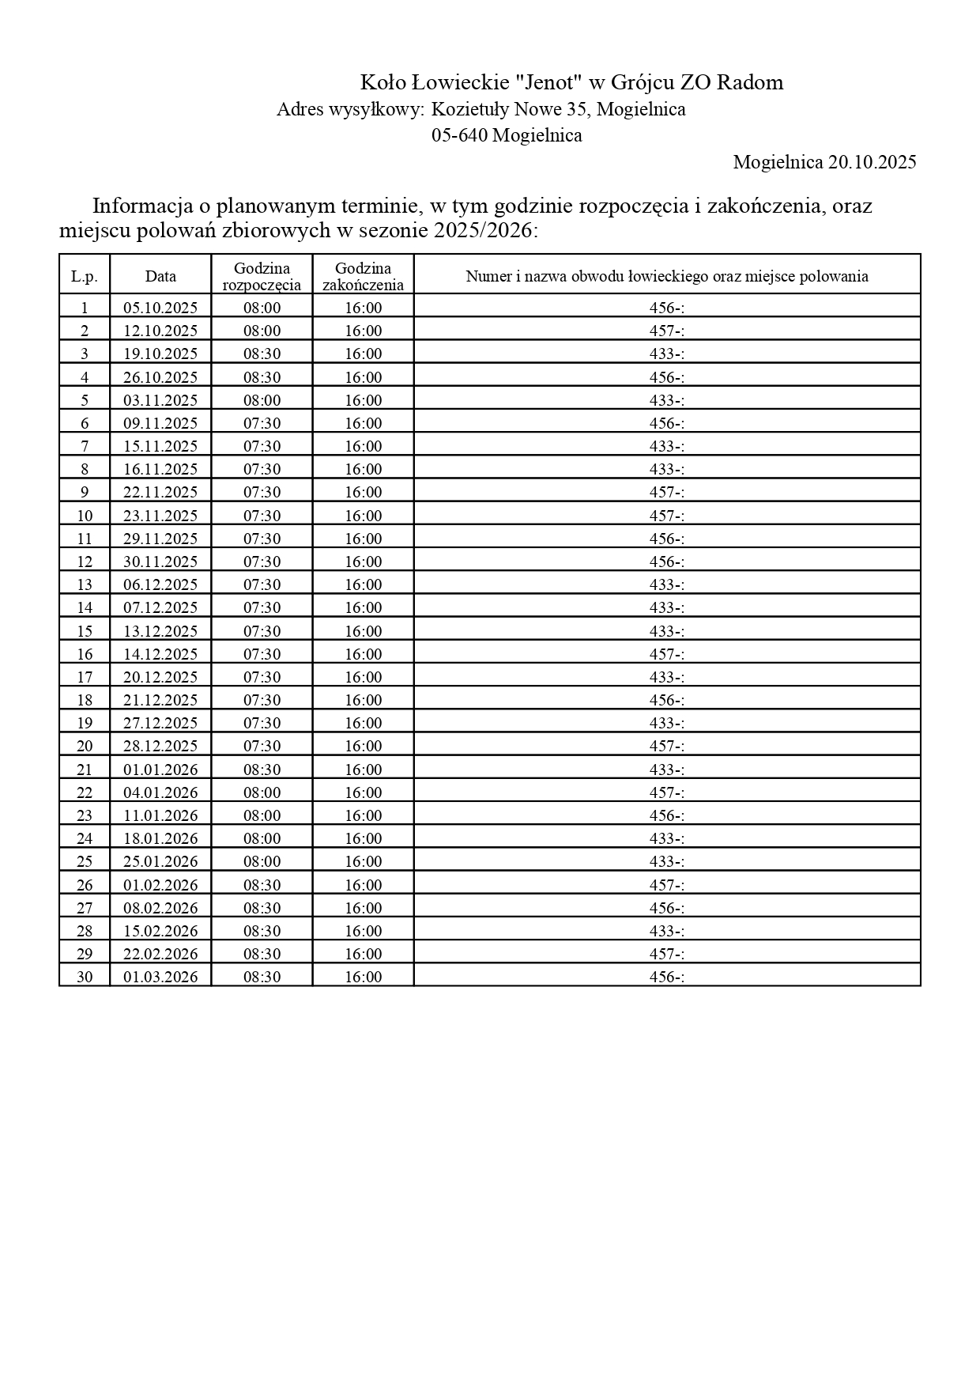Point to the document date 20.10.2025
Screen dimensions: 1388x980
872,162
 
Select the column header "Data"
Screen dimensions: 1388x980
160,276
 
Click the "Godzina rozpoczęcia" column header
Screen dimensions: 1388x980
262,277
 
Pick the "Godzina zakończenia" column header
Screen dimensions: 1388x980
363,277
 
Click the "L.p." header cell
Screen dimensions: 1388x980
85,276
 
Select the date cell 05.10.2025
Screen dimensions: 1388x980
160,308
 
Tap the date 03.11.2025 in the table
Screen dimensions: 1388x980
160,400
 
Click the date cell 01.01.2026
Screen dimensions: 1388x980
160,770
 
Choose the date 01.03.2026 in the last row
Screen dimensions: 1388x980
160,977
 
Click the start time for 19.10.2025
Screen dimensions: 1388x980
262,354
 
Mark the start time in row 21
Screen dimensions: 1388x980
262,770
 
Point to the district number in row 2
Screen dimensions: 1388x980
666,331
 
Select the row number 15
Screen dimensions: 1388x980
85,631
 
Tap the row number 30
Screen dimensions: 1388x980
85,977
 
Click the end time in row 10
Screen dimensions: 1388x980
363,516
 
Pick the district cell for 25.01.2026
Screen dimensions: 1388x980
666,861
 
